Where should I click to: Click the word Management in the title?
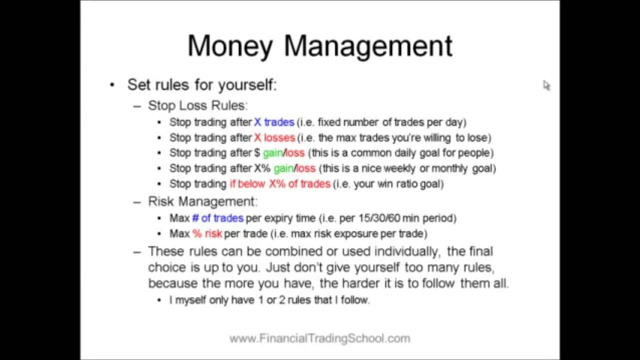click(x=368, y=46)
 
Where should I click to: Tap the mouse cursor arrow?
click(x=546, y=85)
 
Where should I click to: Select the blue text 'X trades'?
click(x=274, y=122)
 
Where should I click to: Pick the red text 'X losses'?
click(x=274, y=137)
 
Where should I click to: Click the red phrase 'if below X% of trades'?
click(x=280, y=184)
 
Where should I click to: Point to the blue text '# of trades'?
click(x=217, y=218)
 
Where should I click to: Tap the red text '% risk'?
click(x=207, y=233)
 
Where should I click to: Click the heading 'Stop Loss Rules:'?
click(x=197, y=105)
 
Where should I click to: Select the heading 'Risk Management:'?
click(x=202, y=201)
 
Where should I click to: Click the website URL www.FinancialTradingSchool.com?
click(x=319, y=338)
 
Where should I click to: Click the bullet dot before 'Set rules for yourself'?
click(x=112, y=85)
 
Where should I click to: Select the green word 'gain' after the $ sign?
click(x=272, y=153)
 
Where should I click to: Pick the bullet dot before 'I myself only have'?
click(x=159, y=300)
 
